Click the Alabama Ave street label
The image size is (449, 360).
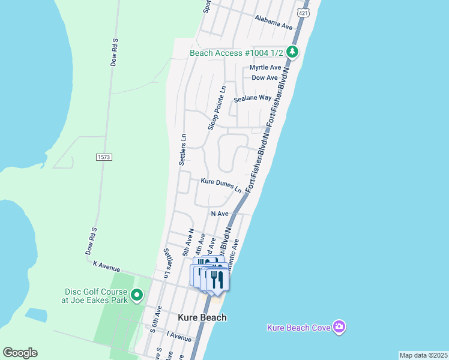coord(273,22)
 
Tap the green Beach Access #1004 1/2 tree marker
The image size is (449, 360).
coord(292,52)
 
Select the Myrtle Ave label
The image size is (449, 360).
coord(265,67)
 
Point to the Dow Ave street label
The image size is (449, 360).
coord(265,77)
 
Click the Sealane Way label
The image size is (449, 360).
coord(253,97)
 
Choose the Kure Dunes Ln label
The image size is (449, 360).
coord(221,184)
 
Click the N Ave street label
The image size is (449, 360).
coord(220,214)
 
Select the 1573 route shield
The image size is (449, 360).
coord(104,157)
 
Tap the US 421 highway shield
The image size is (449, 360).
coord(304,13)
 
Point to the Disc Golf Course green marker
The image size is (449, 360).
coord(137,295)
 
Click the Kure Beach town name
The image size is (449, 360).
coord(202,317)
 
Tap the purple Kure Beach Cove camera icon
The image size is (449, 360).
coord(339,326)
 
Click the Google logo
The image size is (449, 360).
coord(20,353)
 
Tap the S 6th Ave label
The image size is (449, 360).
coord(155,319)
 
